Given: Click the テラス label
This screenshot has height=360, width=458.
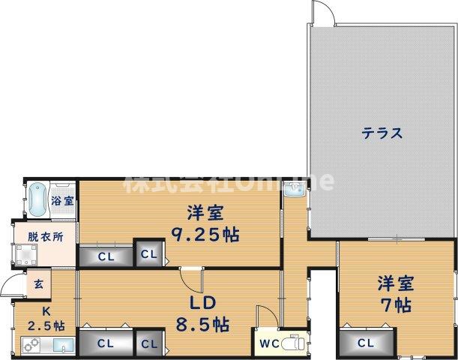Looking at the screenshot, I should coord(382,133).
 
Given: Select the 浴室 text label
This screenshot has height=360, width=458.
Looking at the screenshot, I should coord(63,201).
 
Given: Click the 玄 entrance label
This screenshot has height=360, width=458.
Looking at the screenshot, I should coord(37,285).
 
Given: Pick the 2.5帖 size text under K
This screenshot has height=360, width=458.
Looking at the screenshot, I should coord(45,325).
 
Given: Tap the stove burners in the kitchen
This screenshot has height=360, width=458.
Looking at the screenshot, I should coord(32,346).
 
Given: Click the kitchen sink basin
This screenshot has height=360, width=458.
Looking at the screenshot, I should coord(63,346).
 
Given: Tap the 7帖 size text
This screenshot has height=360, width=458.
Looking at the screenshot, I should coord(396,305).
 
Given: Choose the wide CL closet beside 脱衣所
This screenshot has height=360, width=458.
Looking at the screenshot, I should coord(106,256).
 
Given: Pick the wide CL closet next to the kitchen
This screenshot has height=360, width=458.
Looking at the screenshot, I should coord(106,344).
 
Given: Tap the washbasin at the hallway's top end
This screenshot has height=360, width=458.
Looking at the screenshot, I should coord(292,192).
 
